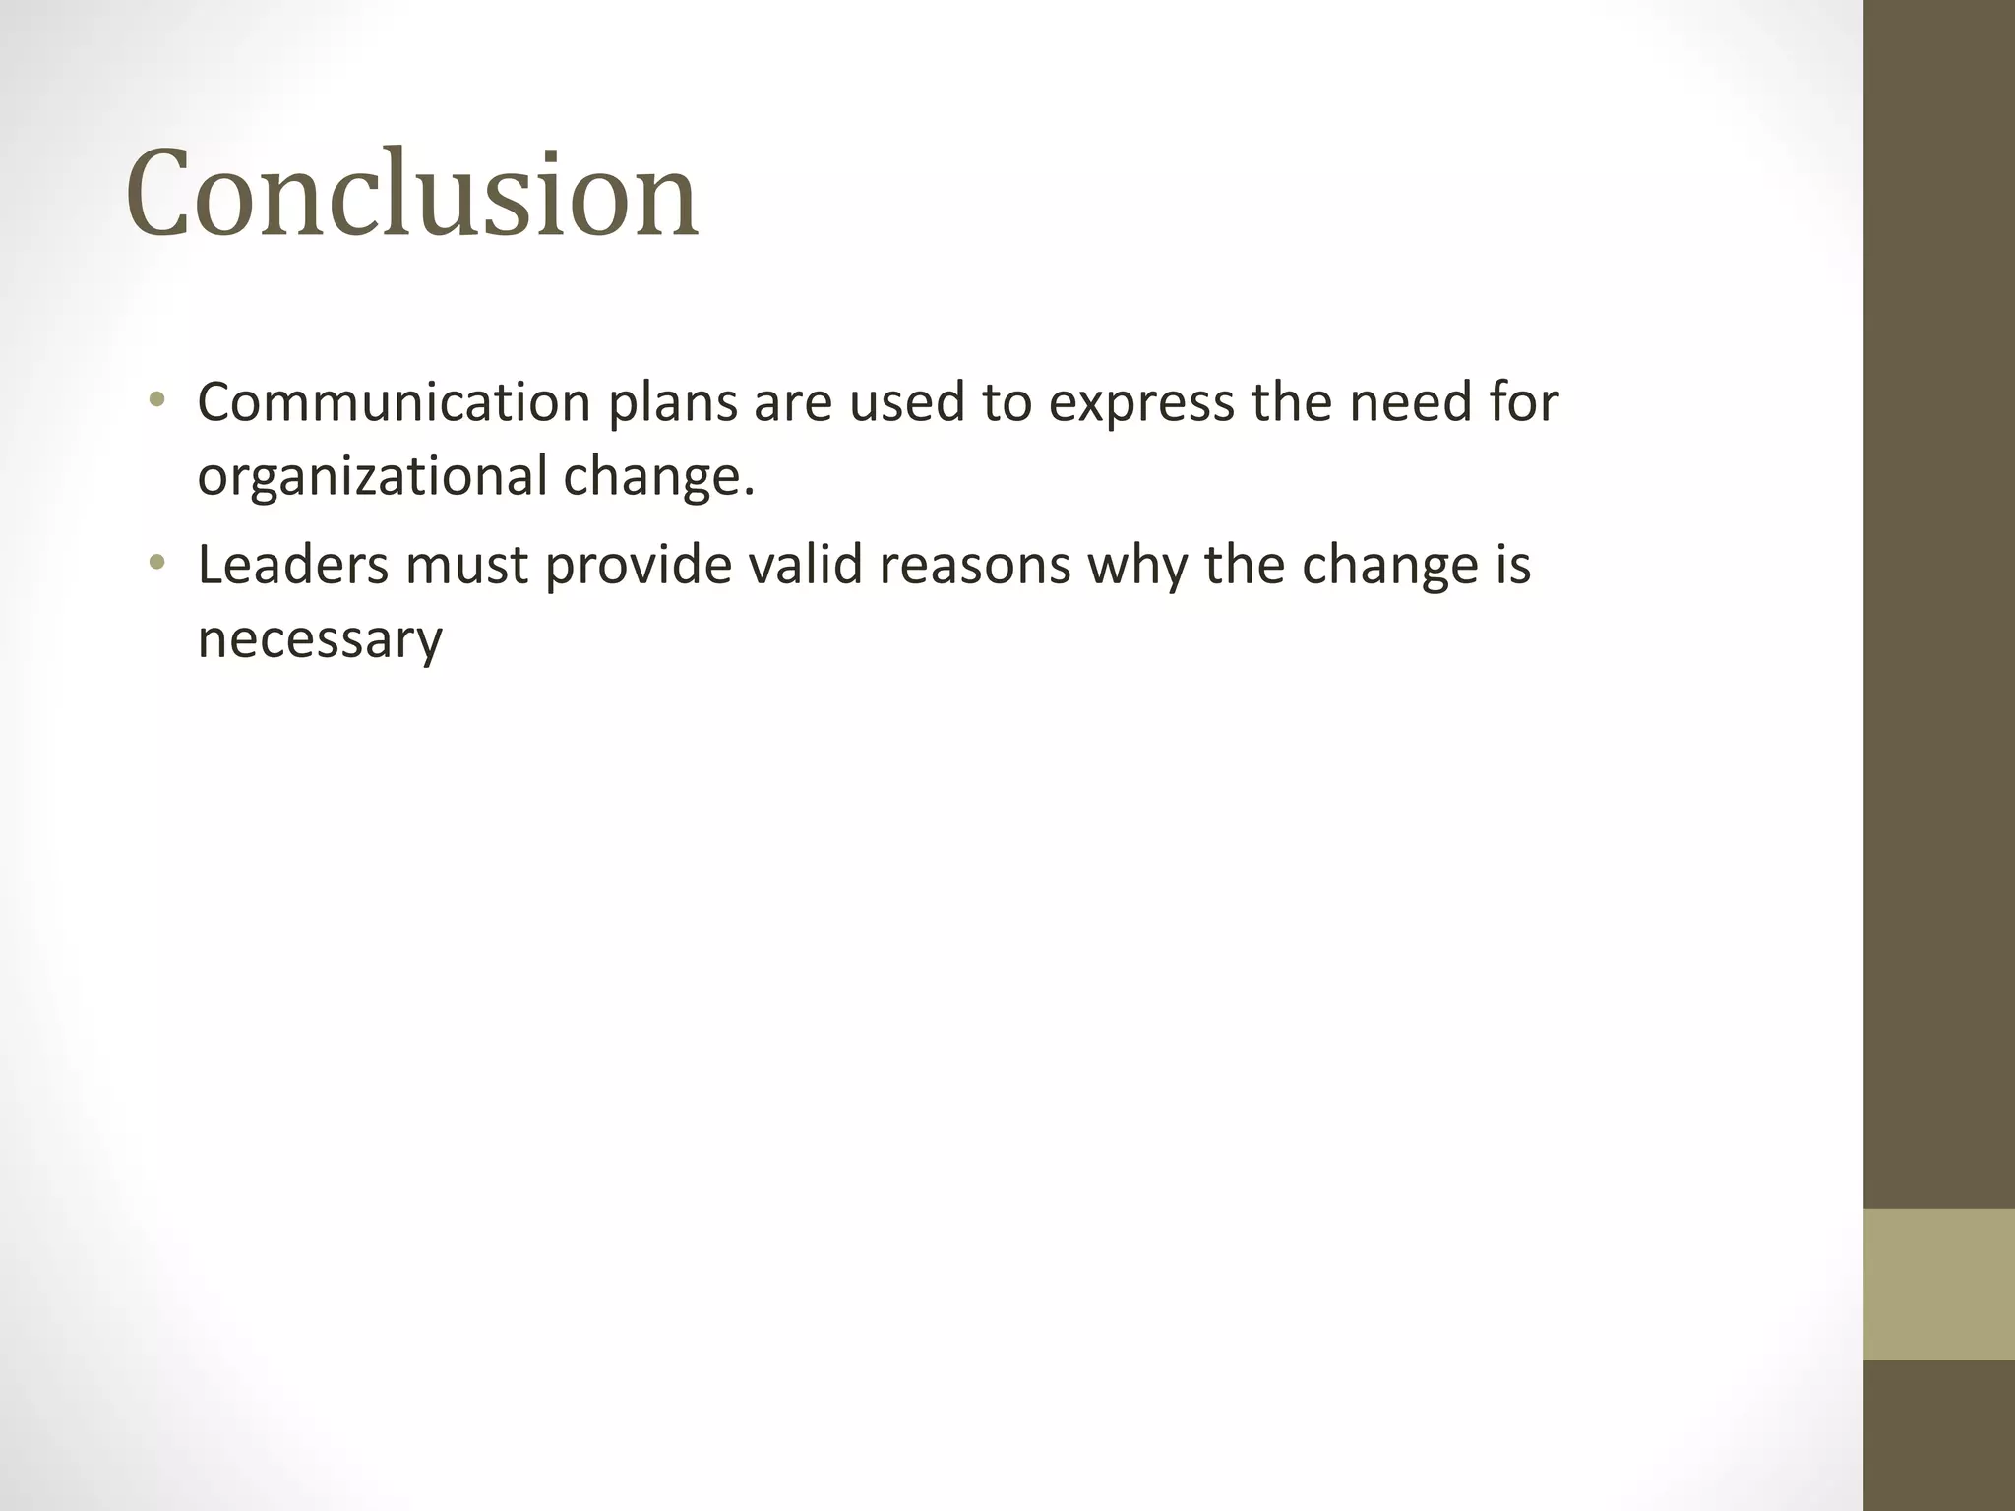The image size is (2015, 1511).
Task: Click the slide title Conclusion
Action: tap(411, 194)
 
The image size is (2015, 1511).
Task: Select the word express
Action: tap(1141, 404)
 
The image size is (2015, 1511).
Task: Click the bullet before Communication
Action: tap(157, 400)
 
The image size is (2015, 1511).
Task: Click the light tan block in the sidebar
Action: tap(1939, 1284)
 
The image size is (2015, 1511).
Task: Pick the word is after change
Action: tap(1513, 566)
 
